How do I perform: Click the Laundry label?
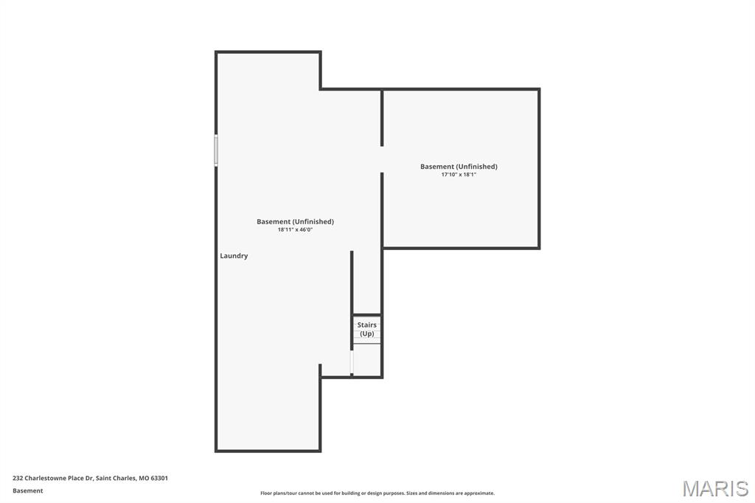[234, 256]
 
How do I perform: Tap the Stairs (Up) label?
[366, 329]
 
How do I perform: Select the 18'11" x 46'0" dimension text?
[295, 230]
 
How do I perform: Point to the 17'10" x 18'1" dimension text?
[459, 175]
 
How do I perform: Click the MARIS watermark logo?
[714, 488]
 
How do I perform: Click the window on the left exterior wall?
[216, 150]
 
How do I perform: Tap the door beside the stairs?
[352, 361]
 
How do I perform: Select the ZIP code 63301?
[159, 478]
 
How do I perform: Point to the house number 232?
[18, 478]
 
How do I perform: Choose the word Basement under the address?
[27, 490]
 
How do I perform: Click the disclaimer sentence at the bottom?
[377, 493]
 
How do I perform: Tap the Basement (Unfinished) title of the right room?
[459, 167]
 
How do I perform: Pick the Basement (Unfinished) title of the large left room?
[295, 221]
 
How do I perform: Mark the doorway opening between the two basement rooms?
[382, 159]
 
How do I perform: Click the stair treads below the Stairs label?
[366, 341]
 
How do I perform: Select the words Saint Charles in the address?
[116, 478]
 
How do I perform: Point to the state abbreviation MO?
[143, 478]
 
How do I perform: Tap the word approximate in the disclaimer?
[478, 493]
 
